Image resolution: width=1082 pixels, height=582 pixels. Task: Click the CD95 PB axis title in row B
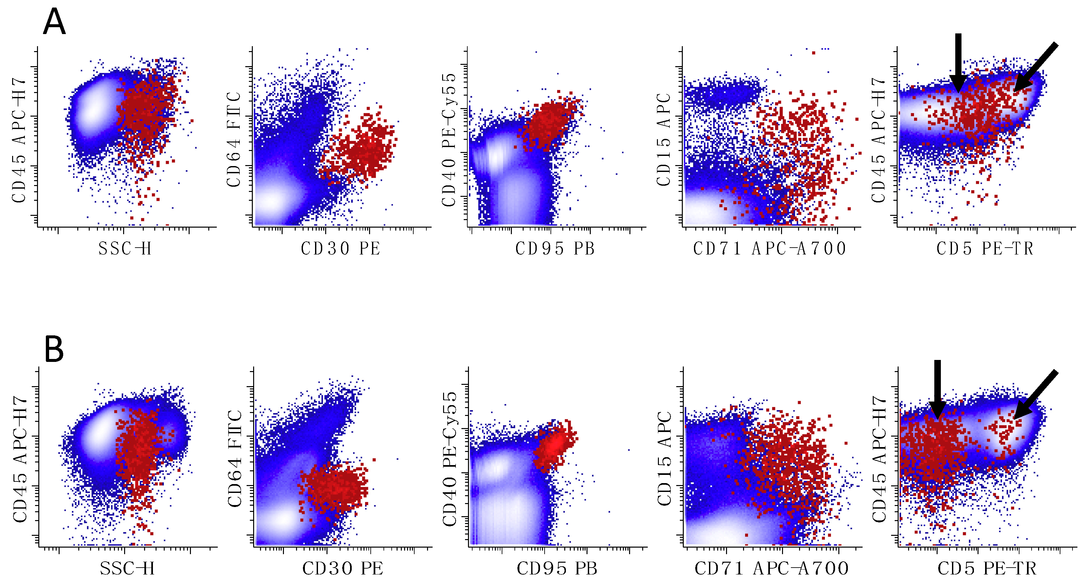click(x=557, y=569)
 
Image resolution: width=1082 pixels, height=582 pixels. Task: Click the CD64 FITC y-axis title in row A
click(x=234, y=140)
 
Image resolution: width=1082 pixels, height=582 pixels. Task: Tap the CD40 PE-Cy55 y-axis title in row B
click(x=449, y=459)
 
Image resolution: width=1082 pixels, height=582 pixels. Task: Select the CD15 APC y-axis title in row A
click(x=664, y=140)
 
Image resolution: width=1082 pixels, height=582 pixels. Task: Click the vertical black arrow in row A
click(x=958, y=63)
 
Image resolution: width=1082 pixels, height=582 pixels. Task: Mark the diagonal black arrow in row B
click(x=1036, y=394)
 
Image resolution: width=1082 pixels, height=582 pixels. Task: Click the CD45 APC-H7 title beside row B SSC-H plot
click(x=20, y=459)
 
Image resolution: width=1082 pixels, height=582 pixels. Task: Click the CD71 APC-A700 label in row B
click(x=772, y=569)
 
